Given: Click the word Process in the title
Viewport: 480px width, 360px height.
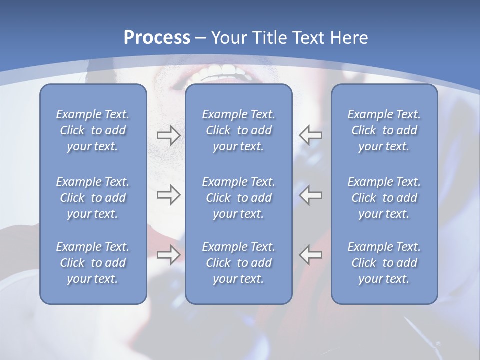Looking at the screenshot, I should click(x=157, y=38).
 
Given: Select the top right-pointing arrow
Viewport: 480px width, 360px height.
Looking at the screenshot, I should click(x=168, y=135).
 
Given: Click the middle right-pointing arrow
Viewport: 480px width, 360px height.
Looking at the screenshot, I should click(x=168, y=195).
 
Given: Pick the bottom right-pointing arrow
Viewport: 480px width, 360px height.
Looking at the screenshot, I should click(x=168, y=254).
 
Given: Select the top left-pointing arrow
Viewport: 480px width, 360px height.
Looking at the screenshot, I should click(x=311, y=135).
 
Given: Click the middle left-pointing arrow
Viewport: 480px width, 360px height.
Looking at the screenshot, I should click(x=311, y=195).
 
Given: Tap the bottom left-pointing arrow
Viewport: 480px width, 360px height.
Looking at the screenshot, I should click(x=311, y=254).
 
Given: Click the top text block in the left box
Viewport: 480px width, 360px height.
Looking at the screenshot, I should click(x=93, y=130).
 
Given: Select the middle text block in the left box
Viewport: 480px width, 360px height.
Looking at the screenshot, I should click(x=93, y=198).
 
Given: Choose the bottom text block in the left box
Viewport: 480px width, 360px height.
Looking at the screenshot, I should click(x=93, y=263).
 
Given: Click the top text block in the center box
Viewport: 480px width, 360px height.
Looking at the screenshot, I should click(x=239, y=130).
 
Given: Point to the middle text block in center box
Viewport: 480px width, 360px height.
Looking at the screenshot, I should click(x=239, y=198).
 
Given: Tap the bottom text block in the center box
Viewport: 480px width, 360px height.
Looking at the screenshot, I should click(x=239, y=263).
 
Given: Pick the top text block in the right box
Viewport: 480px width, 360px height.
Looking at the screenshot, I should click(x=384, y=130).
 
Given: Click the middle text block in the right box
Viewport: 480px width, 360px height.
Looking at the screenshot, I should click(x=384, y=198).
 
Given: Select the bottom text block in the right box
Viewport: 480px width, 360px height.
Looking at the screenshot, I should click(x=384, y=263).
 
